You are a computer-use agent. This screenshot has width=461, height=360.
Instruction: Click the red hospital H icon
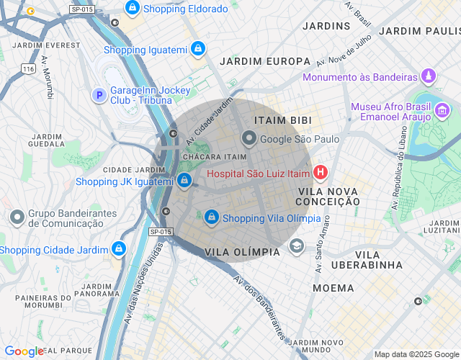point(321,173)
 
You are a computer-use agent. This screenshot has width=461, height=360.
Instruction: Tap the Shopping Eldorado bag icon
point(132,8)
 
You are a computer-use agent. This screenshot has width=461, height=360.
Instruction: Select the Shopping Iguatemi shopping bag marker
point(198,49)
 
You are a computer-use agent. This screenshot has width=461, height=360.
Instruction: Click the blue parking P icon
point(99,94)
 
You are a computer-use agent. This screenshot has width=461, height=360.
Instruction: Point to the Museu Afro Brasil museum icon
point(442,111)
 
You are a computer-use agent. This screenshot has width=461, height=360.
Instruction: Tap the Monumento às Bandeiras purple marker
point(429,76)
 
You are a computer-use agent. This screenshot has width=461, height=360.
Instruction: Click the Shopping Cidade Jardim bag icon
point(117,249)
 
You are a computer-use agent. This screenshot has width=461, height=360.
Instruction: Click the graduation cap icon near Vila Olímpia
point(296,247)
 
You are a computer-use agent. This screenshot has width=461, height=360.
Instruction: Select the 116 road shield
point(28,69)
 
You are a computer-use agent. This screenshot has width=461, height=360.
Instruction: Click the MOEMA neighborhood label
point(334,288)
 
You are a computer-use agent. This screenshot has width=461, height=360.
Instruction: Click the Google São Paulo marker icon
point(249,138)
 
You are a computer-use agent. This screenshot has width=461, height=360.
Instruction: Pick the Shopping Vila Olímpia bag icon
point(211,216)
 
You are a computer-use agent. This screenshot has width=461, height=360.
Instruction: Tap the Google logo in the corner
point(24,351)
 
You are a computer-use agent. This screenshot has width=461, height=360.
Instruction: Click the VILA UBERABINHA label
point(367,260)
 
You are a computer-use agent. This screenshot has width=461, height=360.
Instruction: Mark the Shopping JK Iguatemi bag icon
point(184,180)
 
